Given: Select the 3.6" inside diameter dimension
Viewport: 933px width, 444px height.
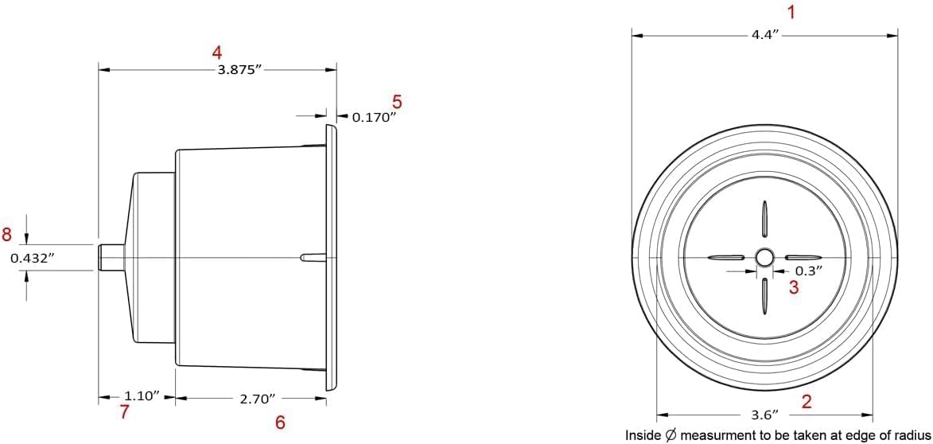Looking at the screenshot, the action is (x=764, y=415).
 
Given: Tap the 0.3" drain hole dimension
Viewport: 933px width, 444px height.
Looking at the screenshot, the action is (x=809, y=271).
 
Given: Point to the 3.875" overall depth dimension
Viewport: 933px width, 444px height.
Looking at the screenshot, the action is (x=239, y=70).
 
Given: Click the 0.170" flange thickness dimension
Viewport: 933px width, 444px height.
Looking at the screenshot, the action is (x=375, y=117).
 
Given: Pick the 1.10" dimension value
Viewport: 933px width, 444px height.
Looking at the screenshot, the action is (x=141, y=395).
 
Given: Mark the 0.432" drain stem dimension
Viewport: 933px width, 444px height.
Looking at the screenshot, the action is (x=33, y=259).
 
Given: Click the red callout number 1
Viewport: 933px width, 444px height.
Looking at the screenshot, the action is (x=791, y=12).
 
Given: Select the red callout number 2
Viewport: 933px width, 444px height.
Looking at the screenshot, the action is (x=807, y=401).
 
